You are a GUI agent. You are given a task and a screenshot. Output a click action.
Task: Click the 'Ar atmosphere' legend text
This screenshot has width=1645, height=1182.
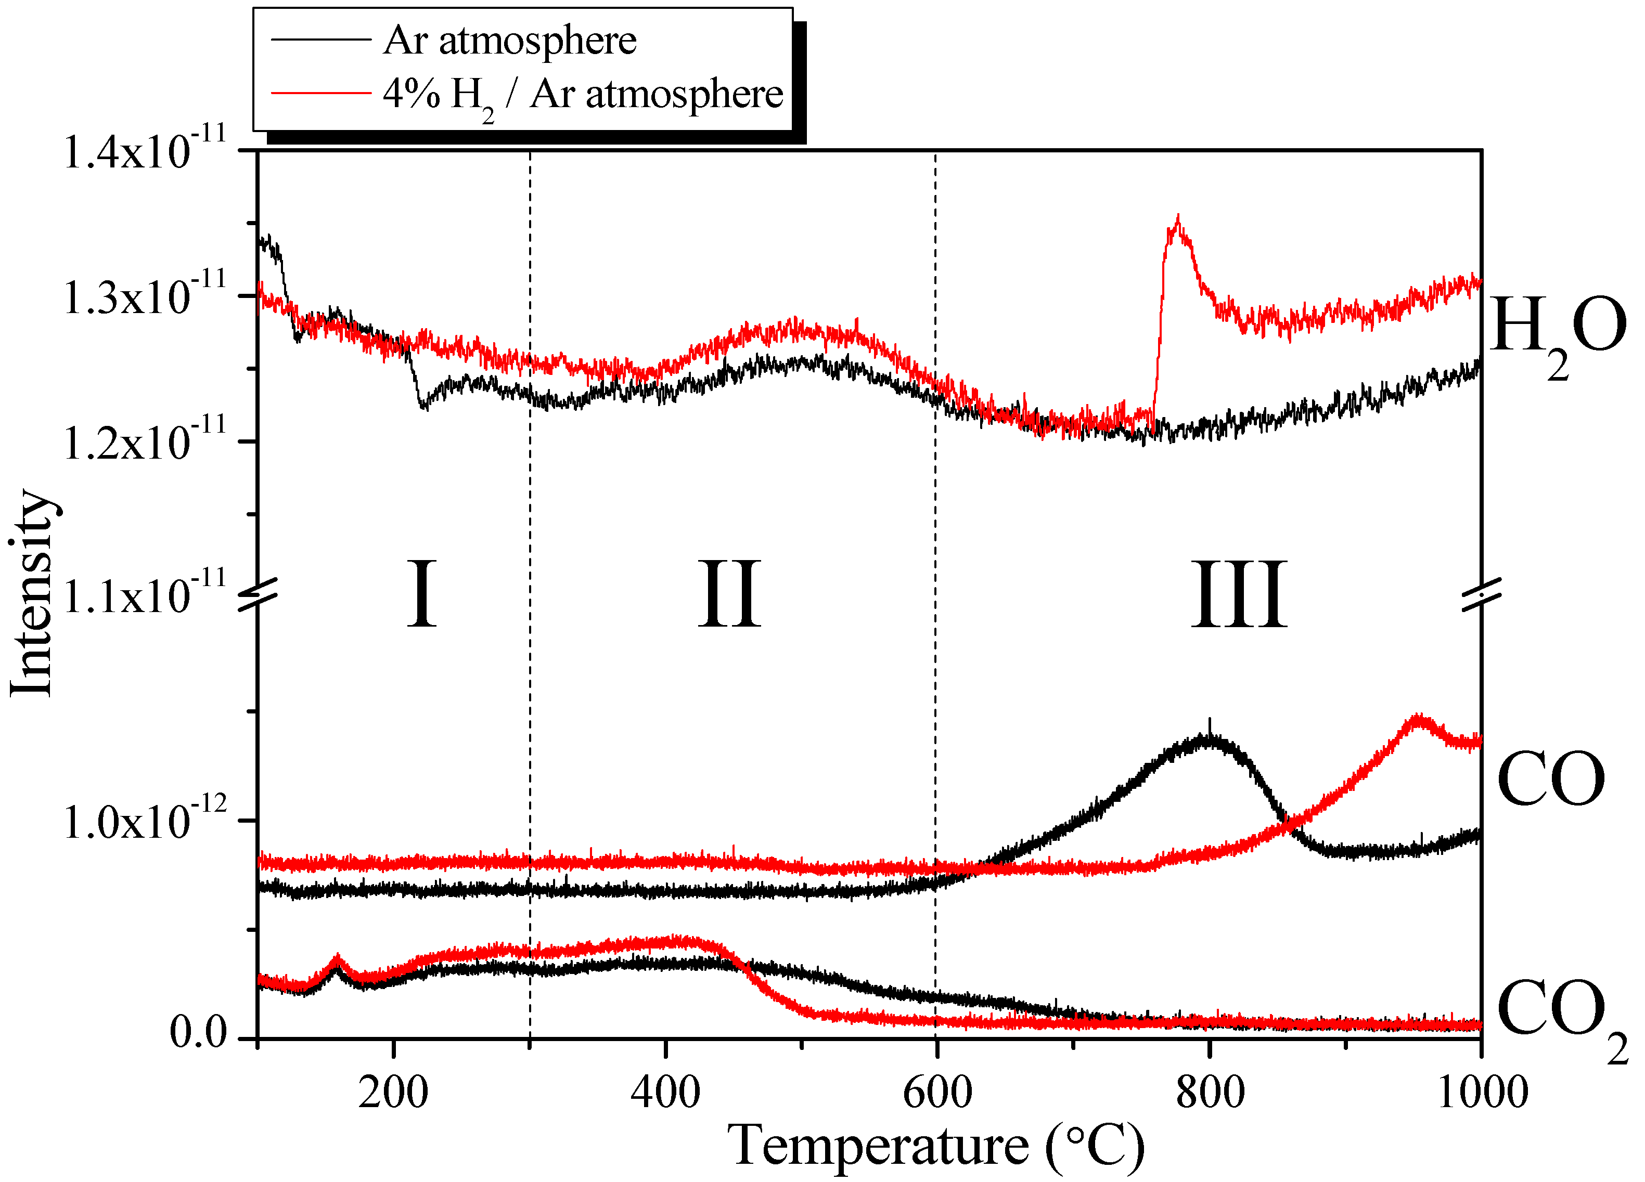510,40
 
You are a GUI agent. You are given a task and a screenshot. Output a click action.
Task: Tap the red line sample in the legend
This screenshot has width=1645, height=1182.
320,93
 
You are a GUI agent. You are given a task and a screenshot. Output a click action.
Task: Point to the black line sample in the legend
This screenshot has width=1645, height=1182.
320,39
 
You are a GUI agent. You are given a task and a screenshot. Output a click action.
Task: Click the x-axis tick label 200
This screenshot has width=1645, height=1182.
393,1092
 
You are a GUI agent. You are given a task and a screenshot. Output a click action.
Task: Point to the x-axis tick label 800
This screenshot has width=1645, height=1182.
1210,1092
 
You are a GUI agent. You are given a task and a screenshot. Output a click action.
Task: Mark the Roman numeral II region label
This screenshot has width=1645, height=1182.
730,594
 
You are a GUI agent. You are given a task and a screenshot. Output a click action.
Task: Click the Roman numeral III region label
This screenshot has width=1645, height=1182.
1239,594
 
